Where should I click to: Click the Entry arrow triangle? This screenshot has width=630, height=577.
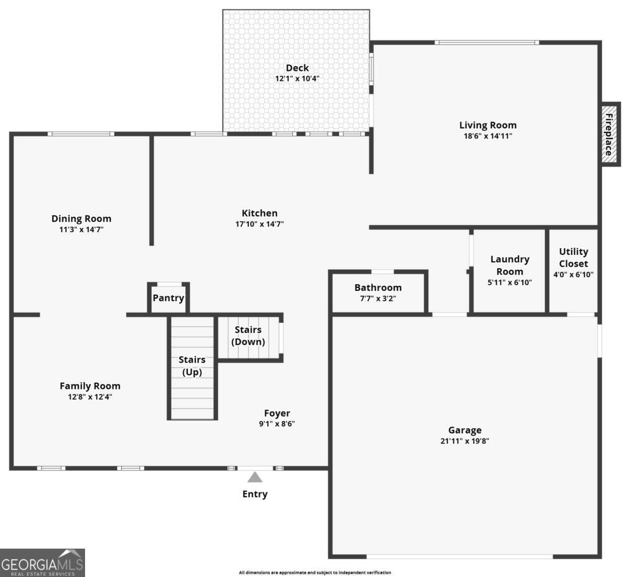point(255,477)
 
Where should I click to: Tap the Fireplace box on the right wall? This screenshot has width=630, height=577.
point(610,134)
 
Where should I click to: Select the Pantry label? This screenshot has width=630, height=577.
point(168,298)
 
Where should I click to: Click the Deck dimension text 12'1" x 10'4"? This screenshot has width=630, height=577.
point(297,79)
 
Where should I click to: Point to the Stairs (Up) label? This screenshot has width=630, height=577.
point(192,366)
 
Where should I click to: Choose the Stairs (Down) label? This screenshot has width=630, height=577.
point(248,335)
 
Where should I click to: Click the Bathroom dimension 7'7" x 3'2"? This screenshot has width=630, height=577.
point(377,298)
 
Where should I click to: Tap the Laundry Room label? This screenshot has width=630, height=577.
point(510,265)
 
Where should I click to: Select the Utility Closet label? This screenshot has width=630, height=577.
point(573,257)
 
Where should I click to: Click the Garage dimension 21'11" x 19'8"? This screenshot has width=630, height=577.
point(465,441)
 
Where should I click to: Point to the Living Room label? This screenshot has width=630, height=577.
point(488,125)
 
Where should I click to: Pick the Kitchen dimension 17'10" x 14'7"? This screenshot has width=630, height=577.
point(259,224)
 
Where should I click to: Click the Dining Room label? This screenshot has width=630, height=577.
point(81,219)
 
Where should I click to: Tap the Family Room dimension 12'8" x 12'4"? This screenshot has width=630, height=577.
point(90,397)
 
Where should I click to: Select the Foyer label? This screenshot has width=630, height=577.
point(277,414)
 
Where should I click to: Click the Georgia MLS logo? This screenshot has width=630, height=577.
point(42,563)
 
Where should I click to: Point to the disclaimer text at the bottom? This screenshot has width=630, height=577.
point(314,572)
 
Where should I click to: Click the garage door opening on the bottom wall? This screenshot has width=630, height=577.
point(459,556)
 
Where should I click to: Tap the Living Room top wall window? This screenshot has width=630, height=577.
point(487,43)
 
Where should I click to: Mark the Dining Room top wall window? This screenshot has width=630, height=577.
point(81,134)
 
